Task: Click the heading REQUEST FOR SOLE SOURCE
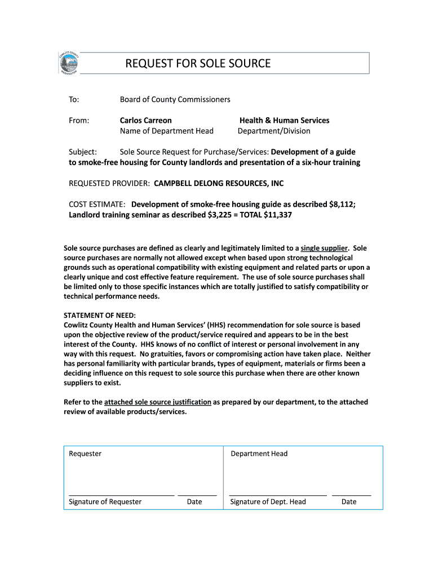click(198, 64)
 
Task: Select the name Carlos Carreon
click(146, 120)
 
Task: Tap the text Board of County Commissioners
click(175, 99)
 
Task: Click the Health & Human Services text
click(284, 120)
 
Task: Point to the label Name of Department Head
click(167, 131)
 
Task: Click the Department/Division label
click(274, 131)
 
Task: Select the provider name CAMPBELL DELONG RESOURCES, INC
click(219, 183)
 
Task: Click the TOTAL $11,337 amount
click(267, 215)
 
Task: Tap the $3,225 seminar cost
click(212, 215)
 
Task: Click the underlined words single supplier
click(325, 248)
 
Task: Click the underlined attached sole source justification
click(158, 402)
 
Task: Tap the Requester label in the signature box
click(85, 454)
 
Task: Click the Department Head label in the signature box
click(259, 454)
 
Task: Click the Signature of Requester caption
click(105, 501)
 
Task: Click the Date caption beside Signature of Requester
click(194, 501)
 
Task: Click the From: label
click(79, 120)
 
